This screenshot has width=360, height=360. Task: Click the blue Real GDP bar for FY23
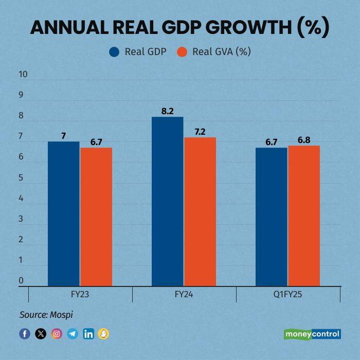tap(64, 213)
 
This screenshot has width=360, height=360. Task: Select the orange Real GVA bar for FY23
tap(96, 217)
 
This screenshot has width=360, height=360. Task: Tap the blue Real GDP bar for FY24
tap(167, 201)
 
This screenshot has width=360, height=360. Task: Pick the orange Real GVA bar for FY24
tap(200, 211)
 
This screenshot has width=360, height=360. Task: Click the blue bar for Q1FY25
tap(272, 217)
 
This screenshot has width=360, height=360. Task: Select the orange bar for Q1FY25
tap(304, 215)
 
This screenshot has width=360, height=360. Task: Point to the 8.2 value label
tap(167, 111)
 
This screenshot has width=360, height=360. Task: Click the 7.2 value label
tap(200, 132)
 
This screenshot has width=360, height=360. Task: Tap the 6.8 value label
tap(304, 140)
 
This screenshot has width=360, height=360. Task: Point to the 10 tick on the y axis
tap(23, 74)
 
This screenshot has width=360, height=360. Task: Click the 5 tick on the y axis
tap(21, 177)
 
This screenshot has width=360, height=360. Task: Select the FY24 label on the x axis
tap(184, 295)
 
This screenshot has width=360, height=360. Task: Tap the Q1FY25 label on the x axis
tap(288, 295)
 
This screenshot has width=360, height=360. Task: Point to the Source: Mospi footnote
tap(43, 314)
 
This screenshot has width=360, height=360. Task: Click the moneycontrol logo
tap(312, 334)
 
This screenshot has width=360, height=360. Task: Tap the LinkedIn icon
tap(88, 334)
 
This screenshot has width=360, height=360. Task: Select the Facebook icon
tap(25, 334)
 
